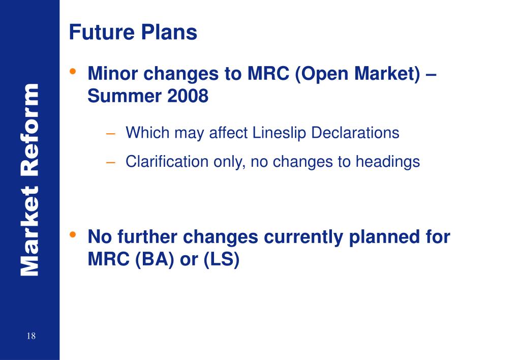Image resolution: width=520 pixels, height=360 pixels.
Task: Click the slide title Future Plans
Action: tap(133, 32)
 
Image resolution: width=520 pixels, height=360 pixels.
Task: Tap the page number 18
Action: tap(31, 336)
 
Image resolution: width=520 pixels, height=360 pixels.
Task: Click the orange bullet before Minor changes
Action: tap(73, 71)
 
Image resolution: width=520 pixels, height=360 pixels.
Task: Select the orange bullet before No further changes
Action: tap(73, 234)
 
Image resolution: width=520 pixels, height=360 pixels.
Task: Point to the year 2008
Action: tap(188, 96)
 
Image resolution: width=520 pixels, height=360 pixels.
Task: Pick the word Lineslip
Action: tap(279, 133)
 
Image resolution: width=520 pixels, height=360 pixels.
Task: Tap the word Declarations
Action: tap(355, 133)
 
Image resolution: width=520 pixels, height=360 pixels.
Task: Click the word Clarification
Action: tap(167, 162)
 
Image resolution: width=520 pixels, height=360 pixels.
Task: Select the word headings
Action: tap(388, 162)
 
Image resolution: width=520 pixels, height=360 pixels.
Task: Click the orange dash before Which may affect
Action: tap(110, 134)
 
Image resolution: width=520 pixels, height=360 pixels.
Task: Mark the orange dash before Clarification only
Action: tap(110, 163)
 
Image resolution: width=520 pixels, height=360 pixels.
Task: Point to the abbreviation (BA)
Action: tap(155, 259)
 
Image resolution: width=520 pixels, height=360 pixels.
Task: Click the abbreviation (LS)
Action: tap(222, 259)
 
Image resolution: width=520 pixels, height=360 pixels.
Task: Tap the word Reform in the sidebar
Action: tap(30, 130)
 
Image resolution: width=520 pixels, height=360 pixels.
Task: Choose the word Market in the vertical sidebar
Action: tap(30, 231)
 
